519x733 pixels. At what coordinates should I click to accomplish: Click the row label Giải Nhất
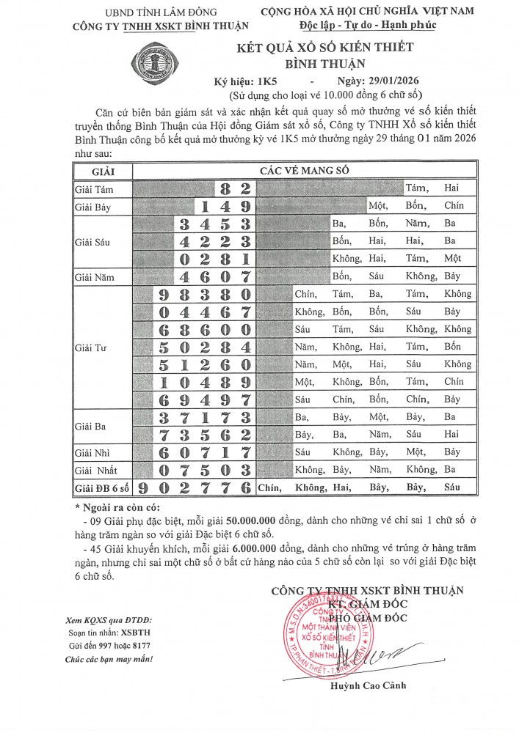coord(96,469)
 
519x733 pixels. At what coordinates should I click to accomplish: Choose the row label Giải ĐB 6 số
coord(102,487)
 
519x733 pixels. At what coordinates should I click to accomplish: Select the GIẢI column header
coord(101,170)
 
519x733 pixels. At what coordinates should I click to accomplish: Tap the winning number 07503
coord(205,469)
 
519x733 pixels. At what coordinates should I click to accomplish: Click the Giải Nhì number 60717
coord(205,452)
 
